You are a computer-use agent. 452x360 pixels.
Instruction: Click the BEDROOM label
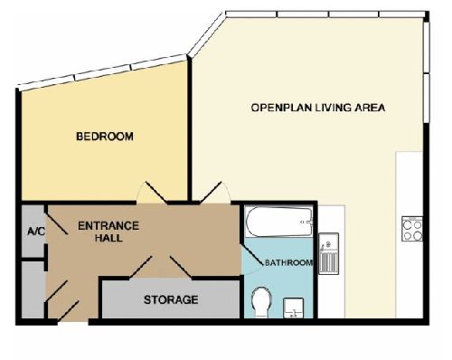point(105,137)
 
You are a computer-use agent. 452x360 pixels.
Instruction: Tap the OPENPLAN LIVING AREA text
point(318,108)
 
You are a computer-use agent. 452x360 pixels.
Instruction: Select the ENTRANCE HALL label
point(108,232)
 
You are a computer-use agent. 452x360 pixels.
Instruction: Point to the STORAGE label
point(171,299)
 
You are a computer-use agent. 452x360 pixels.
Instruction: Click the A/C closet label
point(36,232)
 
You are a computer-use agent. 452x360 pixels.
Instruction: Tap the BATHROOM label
point(288,262)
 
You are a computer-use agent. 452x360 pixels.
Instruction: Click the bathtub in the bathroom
point(279,222)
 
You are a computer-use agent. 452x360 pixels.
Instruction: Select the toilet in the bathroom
point(261,302)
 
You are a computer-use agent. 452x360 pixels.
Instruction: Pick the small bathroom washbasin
point(293,308)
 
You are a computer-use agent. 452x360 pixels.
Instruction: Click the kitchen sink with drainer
point(329,253)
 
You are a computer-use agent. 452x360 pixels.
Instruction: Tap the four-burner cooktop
point(412,229)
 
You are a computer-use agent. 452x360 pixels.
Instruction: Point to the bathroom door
point(252,259)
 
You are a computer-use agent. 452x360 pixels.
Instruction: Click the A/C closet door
point(56,224)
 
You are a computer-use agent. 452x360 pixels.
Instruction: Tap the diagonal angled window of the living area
point(207,34)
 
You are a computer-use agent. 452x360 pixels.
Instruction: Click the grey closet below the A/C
point(33,289)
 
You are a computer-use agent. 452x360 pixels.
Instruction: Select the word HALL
point(108,238)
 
